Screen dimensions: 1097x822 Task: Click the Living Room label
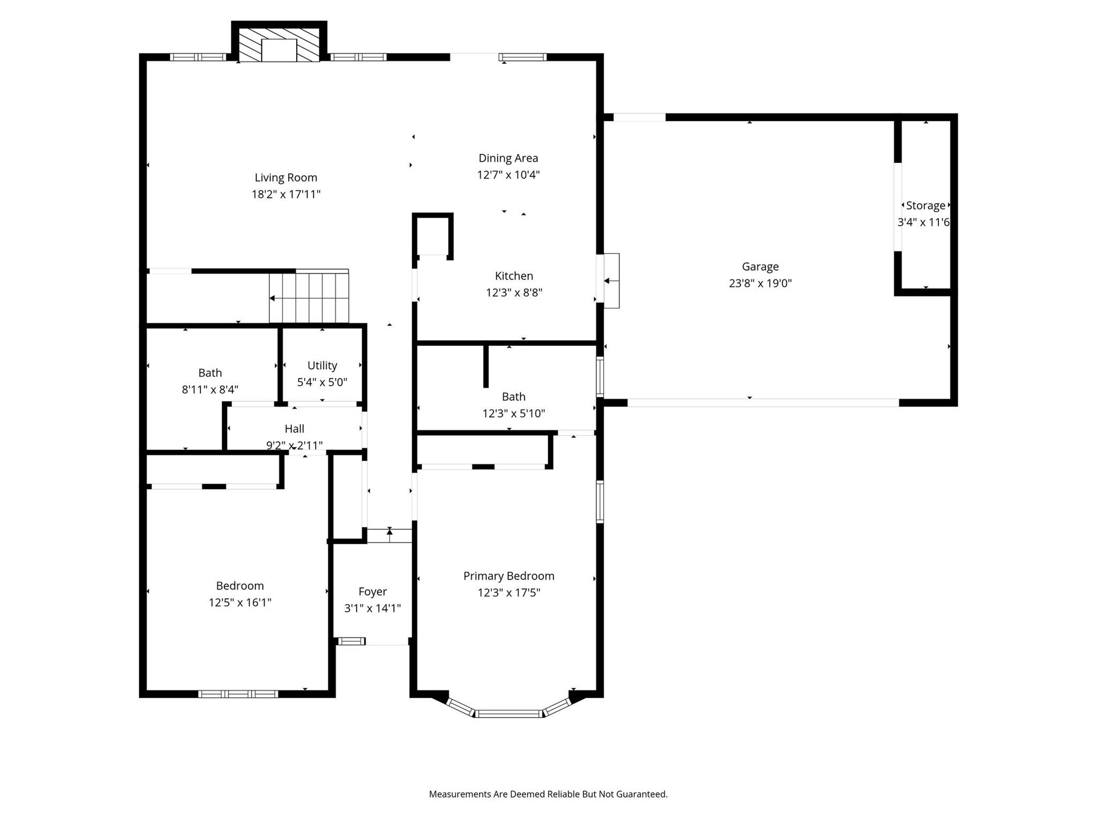coord(286,178)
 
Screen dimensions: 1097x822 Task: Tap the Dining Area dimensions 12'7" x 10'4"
coord(508,175)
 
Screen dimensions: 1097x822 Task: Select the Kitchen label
coord(514,276)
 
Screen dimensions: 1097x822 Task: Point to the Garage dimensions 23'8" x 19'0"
coord(760,283)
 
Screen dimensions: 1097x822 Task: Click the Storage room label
coord(926,205)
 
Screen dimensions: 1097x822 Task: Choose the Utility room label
coord(322,366)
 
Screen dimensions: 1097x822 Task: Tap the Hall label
coord(295,429)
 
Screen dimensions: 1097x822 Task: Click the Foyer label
coord(373,591)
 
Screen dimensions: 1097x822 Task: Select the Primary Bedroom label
coord(509,576)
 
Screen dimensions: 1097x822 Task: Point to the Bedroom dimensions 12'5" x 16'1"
coord(240,603)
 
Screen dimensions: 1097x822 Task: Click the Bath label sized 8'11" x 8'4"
coord(210,373)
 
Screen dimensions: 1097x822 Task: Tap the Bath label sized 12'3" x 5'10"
coord(514,397)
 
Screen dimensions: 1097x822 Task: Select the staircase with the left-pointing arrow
coord(309,296)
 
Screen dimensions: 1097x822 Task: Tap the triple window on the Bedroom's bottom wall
coord(238,694)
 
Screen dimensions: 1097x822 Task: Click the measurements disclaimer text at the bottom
coord(548,794)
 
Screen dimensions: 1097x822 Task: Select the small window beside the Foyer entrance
coord(351,641)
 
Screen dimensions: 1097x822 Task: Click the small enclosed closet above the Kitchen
coord(433,236)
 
